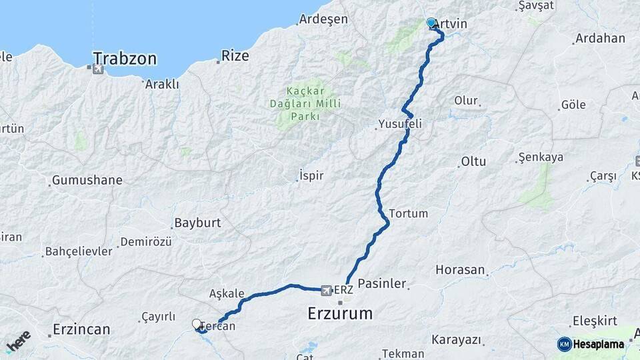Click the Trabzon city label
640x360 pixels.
click(x=125, y=59)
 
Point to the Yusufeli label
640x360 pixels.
click(x=400, y=124)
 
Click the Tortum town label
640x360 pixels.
click(x=407, y=213)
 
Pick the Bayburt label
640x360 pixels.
click(x=197, y=223)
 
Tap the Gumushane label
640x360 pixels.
click(x=87, y=180)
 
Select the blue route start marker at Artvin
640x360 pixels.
click(x=431, y=23)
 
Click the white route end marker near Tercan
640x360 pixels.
click(x=196, y=324)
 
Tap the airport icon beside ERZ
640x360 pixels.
click(x=326, y=290)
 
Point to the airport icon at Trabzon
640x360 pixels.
click(x=99, y=69)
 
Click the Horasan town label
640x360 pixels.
click(x=460, y=270)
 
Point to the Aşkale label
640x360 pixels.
click(x=227, y=293)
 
